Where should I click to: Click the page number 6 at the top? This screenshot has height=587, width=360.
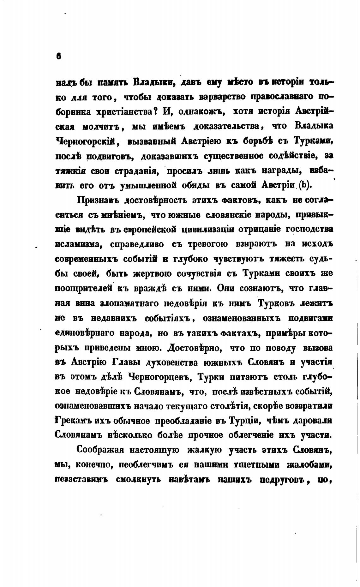click(58, 56)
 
